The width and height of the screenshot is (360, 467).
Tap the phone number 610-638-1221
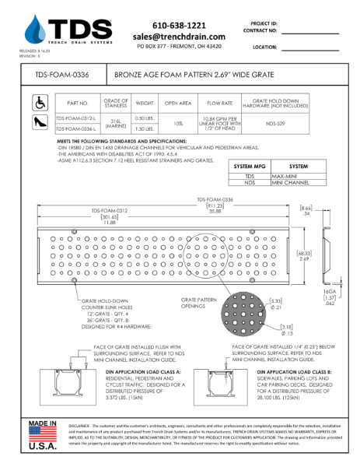click(179, 25)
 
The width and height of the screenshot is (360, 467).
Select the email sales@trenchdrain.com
click(179, 37)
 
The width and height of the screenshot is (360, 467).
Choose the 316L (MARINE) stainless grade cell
click(115, 122)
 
